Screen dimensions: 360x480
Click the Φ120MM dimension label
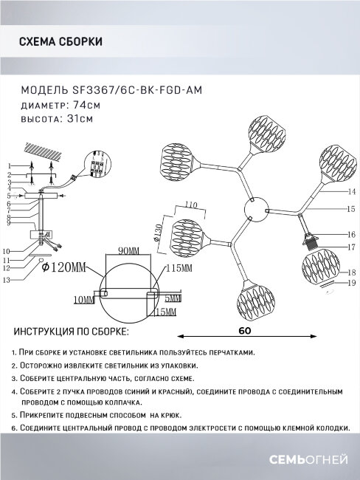(63, 267)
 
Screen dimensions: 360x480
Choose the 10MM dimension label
(84, 300)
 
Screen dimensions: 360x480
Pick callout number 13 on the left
(7, 281)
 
